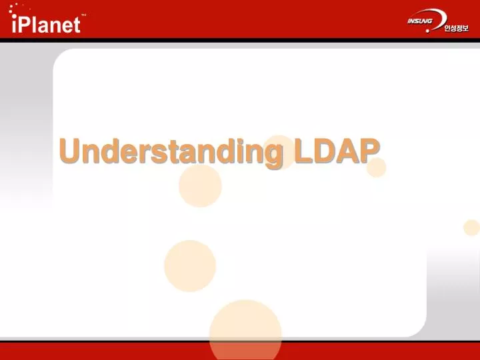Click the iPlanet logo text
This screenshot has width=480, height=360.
pyautogui.click(x=47, y=24)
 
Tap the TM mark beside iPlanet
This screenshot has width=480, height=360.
pyautogui.click(x=83, y=14)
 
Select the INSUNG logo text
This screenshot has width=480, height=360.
pyautogui.click(x=420, y=21)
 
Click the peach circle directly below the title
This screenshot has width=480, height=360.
pyautogui.click(x=200, y=185)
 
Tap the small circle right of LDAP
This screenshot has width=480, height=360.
pyautogui.click(x=376, y=167)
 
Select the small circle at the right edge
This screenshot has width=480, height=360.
pyautogui.click(x=471, y=227)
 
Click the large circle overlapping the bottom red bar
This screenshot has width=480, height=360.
pyautogui.click(x=245, y=331)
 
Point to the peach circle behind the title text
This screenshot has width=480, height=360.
pyautogui.click(x=280, y=151)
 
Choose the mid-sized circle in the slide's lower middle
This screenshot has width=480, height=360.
pyautogui.click(x=190, y=266)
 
